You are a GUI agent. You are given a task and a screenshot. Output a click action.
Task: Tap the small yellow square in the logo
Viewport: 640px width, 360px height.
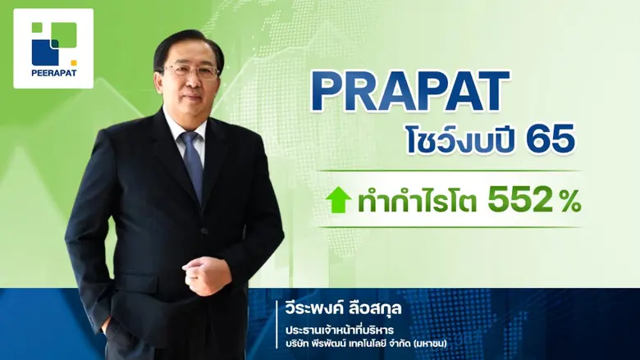[73, 62]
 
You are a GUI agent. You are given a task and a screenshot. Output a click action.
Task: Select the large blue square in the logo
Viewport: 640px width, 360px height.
[45, 51]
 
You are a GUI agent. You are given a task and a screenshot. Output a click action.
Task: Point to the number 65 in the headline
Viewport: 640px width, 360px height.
[551, 140]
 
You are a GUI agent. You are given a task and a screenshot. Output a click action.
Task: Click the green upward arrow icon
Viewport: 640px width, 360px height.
[338, 199]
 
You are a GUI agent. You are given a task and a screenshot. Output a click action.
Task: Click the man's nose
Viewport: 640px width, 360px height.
[190, 80]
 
